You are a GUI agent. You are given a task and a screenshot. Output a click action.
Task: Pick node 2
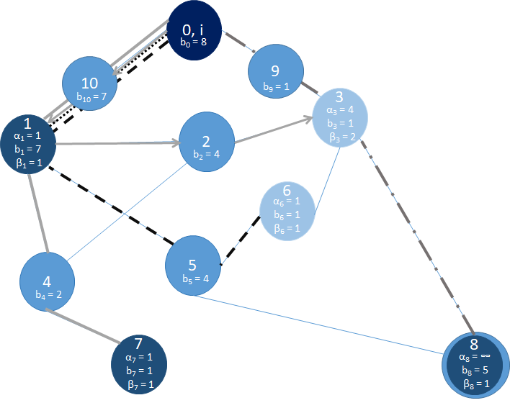click(x=207, y=140)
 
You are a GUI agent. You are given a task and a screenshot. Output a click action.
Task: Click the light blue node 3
click(x=340, y=116)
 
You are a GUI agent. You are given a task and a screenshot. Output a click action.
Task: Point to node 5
click(x=193, y=267)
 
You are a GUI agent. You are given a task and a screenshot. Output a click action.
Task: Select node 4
click(x=48, y=280)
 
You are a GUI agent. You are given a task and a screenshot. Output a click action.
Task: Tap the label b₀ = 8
click(x=194, y=42)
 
